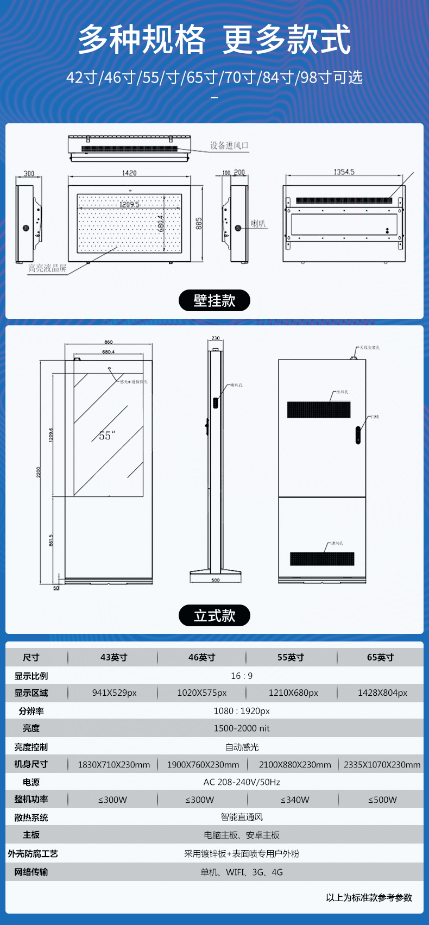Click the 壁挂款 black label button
[x=214, y=300]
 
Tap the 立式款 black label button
[x=214, y=615]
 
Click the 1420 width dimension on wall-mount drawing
[x=129, y=173]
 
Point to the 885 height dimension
[x=199, y=223]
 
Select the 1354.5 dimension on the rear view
[x=344, y=172]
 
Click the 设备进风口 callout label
[x=229, y=146]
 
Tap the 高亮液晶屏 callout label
[x=47, y=268]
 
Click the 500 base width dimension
[x=216, y=580]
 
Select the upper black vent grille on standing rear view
[x=319, y=410]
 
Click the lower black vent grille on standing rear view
[x=322, y=558]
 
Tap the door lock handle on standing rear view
[x=358, y=435]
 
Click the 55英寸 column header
[x=291, y=657]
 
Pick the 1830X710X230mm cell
[x=114, y=765]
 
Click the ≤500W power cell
[x=382, y=800]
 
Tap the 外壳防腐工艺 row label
[x=33, y=854]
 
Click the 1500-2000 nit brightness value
[x=242, y=728]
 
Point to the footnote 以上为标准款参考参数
[x=369, y=897]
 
